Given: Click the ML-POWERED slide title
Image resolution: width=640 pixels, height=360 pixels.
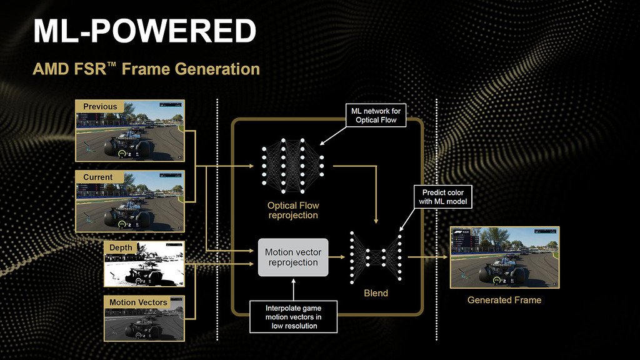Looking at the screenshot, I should pos(144,31).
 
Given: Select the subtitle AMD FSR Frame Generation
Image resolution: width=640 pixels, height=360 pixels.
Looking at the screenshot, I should pos(146,69).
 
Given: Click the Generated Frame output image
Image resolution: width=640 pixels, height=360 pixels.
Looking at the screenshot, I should pos(505,257).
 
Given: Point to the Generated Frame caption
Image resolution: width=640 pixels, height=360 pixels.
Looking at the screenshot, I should pos(504,300).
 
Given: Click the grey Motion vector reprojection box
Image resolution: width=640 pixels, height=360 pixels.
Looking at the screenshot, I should pos(293,257).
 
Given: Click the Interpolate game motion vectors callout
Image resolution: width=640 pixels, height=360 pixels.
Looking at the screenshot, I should pos(293,316).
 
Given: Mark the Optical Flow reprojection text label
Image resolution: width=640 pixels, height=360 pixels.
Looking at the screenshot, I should pos(292,210).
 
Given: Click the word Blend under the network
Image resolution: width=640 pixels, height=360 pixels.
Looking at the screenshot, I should pos(376,293).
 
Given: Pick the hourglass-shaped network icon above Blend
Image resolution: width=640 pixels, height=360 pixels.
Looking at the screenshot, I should pos(376,257).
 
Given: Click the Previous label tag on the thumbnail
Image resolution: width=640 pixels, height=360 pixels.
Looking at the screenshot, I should pos(100,107).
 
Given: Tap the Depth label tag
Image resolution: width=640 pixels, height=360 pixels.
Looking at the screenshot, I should pos(121,248).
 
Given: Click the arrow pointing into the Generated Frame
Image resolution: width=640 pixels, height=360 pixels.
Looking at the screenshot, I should pos(431,257).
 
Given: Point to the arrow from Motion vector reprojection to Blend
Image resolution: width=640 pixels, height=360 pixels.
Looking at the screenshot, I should pos(337,257).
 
